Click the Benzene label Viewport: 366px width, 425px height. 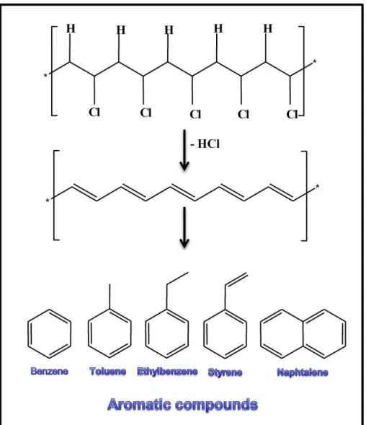click(49, 371)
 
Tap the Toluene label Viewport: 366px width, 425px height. click(108, 371)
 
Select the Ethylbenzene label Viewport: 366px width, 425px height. click(167, 372)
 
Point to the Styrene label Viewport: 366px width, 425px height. click(225, 372)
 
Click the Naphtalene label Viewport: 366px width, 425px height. click(303, 372)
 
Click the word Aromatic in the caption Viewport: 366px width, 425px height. click(140, 404)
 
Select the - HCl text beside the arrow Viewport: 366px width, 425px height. click(205, 144)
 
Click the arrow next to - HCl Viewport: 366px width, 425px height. click(184, 150)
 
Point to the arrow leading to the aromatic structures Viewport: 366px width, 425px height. click(184, 228)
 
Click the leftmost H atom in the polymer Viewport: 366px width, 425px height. click(71, 28)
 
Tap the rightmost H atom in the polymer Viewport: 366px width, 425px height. click(268, 28)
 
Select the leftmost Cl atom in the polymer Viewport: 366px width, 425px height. click(94, 112)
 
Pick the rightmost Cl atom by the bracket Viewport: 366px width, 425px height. click(292, 115)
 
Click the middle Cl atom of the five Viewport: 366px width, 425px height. click(195, 115)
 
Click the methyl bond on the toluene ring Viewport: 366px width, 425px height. click(110, 297)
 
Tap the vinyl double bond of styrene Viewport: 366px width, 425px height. click(236, 279)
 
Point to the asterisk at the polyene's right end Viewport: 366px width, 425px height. click(317, 186)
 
